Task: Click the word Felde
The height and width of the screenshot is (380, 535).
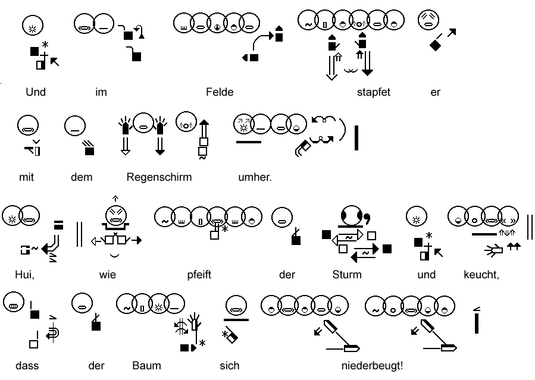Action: tap(220, 92)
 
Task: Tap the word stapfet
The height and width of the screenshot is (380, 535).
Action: tap(373, 92)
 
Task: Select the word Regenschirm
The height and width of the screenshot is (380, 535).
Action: tap(159, 177)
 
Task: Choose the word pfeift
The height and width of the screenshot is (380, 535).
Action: tap(199, 275)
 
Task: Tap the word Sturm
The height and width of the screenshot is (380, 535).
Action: tap(347, 275)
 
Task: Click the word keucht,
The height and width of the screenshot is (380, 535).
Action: tap(481, 275)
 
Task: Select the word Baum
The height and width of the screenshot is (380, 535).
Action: tap(146, 365)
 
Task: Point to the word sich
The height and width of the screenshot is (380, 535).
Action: tap(229, 365)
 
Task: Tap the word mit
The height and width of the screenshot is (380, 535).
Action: tap(26, 177)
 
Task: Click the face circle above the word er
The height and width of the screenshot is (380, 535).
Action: tap(428, 21)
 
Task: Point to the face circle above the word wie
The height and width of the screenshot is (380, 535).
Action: tap(115, 215)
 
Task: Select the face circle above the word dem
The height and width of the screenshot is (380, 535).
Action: tap(75, 125)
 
